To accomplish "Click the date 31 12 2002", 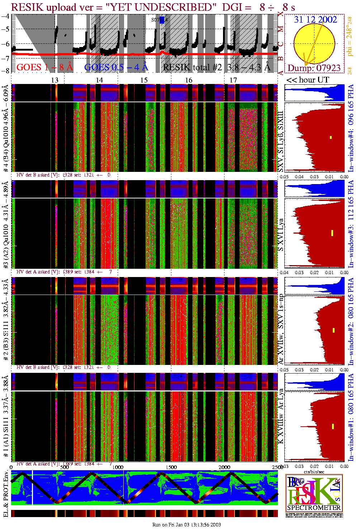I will pos(315,20).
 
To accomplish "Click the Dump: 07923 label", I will pos(314,68).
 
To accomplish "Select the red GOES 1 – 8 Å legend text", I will pos(44,67).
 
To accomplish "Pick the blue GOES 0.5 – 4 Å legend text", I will pos(116,67).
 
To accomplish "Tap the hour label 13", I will pos(55,80).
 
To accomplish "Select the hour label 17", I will pos(233,80).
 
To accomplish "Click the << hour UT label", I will pos(307,80).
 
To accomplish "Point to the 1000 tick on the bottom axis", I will pos(118,467).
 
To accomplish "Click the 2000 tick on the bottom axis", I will pos(224,467).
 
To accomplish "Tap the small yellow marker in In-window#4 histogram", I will pos(331,137).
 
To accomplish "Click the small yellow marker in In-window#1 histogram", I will pos(333,426).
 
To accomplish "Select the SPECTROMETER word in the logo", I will pos(314,508).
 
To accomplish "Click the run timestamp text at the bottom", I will pos(186,525).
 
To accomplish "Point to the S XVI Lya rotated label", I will pos(281,235).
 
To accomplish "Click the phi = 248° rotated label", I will pos(350,36).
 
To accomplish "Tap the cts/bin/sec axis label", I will pos(314,472).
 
